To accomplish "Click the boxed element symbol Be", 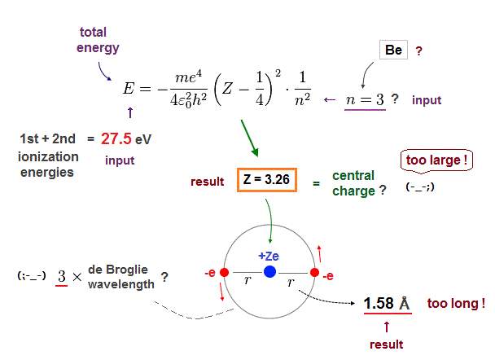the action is [x=394, y=50].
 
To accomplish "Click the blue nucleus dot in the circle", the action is [x=269, y=271].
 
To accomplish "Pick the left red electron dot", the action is [x=224, y=271].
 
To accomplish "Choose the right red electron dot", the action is [x=314, y=271].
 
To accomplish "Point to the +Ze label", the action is [x=269, y=255].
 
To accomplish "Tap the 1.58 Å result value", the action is [x=387, y=303].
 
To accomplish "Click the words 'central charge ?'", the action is [x=353, y=183].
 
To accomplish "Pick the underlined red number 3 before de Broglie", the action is [x=61, y=277].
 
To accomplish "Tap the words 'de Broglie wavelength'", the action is [x=123, y=277].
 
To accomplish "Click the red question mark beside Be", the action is [x=419, y=50].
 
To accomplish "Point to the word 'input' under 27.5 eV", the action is [x=120, y=160].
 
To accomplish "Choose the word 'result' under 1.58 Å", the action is [x=386, y=344].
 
